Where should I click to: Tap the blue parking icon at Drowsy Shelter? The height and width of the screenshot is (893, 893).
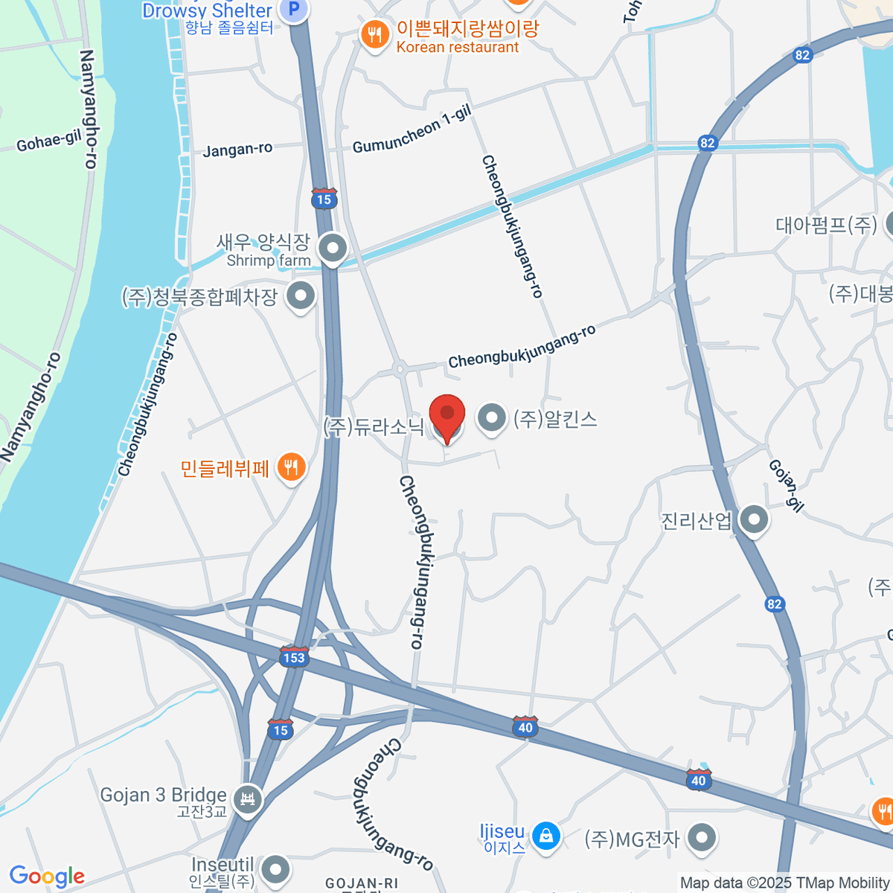click(x=294, y=10)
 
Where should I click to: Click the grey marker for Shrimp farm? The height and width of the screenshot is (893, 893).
click(x=332, y=247)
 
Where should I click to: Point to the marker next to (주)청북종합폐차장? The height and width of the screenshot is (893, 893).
click(x=301, y=295)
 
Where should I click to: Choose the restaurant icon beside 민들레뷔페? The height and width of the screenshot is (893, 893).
click(x=290, y=467)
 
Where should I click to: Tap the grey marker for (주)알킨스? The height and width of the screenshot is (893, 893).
click(x=491, y=418)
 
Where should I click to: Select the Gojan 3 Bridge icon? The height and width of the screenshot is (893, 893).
click(x=247, y=799)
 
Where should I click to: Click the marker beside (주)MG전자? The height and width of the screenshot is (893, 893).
click(x=701, y=837)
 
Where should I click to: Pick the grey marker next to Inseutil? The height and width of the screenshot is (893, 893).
click(x=276, y=868)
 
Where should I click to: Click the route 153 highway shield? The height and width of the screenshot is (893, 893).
click(x=294, y=656)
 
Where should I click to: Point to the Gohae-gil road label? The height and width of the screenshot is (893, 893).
click(x=48, y=139)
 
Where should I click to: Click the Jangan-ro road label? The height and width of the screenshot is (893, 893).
click(x=237, y=150)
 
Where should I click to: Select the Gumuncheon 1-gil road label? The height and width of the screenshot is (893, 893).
click(x=412, y=130)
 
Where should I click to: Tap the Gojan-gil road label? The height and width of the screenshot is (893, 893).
click(x=786, y=485)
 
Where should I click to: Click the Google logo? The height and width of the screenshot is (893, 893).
click(x=47, y=877)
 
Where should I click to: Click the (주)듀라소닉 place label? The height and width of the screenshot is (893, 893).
click(x=374, y=426)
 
